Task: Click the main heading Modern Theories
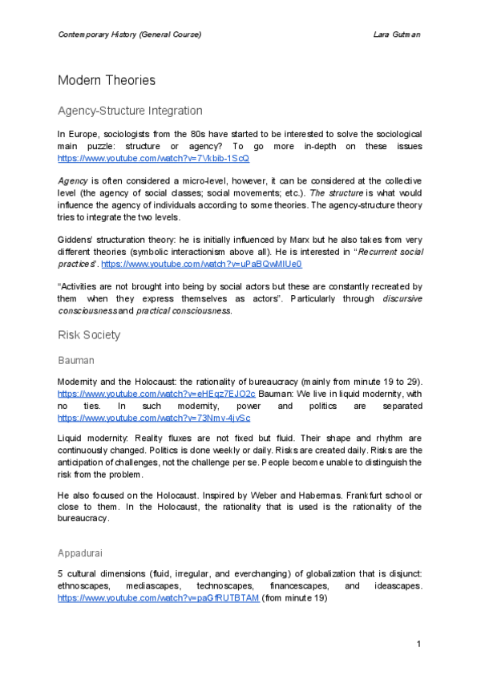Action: pyautogui.click(x=107, y=80)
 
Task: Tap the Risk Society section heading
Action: pyautogui.click(x=89, y=334)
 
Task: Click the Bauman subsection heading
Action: pyautogui.click(x=77, y=362)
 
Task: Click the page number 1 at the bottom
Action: pyautogui.click(x=418, y=645)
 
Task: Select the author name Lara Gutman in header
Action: pyautogui.click(x=398, y=34)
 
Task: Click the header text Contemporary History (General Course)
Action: pyautogui.click(x=129, y=34)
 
